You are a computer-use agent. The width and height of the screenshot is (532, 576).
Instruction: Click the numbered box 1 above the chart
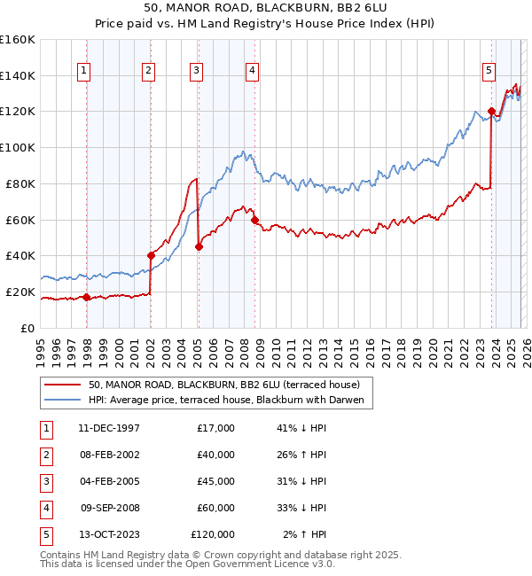coord(83,71)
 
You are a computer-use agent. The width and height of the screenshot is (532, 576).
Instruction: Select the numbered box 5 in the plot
coord(489,71)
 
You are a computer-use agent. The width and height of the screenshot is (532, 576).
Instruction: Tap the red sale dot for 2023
coord(491,112)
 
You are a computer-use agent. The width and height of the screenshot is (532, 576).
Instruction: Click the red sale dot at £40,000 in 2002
coord(151,256)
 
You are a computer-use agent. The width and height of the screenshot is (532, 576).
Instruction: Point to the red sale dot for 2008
coord(254,220)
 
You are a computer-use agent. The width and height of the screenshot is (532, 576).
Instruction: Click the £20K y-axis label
coord(20,292)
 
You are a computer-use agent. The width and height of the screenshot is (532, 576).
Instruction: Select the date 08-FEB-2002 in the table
coord(109,455)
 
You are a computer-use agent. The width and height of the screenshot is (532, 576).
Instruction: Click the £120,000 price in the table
coord(213,534)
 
